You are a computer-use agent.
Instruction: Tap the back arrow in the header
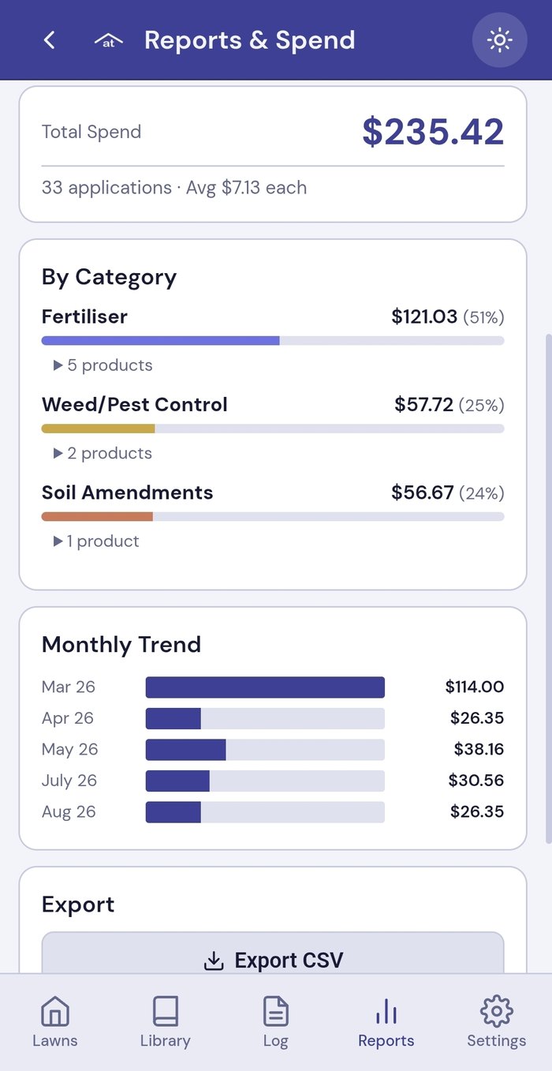(49, 40)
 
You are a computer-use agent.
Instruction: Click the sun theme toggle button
(499, 39)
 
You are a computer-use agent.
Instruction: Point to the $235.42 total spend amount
(433, 132)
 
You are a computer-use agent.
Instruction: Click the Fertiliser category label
(84, 316)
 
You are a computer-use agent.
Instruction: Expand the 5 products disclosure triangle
(58, 365)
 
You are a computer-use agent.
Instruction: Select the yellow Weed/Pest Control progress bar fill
(98, 429)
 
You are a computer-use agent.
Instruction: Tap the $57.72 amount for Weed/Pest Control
(423, 405)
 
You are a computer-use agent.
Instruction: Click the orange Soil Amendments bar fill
(97, 516)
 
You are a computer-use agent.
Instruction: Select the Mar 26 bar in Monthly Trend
(265, 687)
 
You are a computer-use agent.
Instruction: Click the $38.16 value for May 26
(479, 749)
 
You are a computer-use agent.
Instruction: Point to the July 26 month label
(69, 781)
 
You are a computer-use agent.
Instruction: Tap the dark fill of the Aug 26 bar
(173, 812)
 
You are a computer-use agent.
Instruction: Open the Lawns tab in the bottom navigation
(55, 1021)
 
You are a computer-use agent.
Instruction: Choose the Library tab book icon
(166, 1011)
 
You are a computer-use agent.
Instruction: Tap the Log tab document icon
(276, 1011)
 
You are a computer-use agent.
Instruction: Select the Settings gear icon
(497, 1011)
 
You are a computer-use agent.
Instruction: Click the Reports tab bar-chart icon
(386, 1011)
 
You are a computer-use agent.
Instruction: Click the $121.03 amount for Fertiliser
(424, 316)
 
